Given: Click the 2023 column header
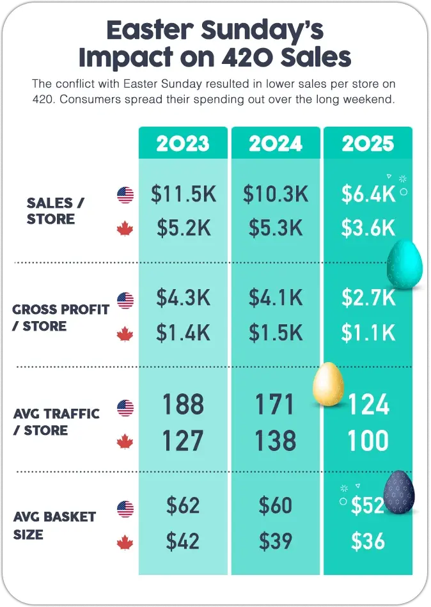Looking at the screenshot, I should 183,143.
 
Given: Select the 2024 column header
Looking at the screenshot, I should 276,143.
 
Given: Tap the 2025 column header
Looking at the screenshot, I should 368,143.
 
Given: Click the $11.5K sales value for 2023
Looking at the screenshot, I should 183,194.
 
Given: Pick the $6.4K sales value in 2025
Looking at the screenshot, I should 368,194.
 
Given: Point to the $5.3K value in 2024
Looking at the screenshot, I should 276,228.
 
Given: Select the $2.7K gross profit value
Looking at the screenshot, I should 368,298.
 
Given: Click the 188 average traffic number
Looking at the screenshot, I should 183,405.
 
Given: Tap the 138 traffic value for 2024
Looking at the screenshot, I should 276,441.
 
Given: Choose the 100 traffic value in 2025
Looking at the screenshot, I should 368,441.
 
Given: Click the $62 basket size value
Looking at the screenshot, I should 183,506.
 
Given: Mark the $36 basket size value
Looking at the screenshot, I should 368,542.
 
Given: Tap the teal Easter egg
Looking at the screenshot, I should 404,264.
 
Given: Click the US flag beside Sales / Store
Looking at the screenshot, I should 125,195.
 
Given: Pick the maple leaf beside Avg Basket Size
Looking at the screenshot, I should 125,544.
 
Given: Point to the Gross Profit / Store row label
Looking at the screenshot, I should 61,318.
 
